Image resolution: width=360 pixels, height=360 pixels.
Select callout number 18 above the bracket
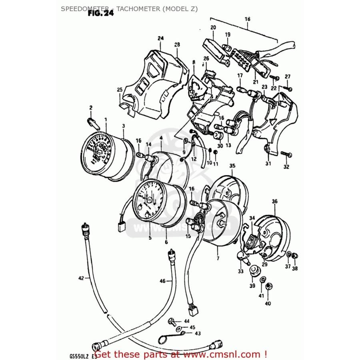[x=247, y=19]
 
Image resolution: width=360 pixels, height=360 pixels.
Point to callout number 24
[x=160, y=38]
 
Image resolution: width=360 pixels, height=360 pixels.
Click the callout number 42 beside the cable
[x=81, y=278]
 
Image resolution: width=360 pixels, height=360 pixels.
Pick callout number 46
[x=162, y=281]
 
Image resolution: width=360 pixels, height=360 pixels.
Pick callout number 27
[x=288, y=77]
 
